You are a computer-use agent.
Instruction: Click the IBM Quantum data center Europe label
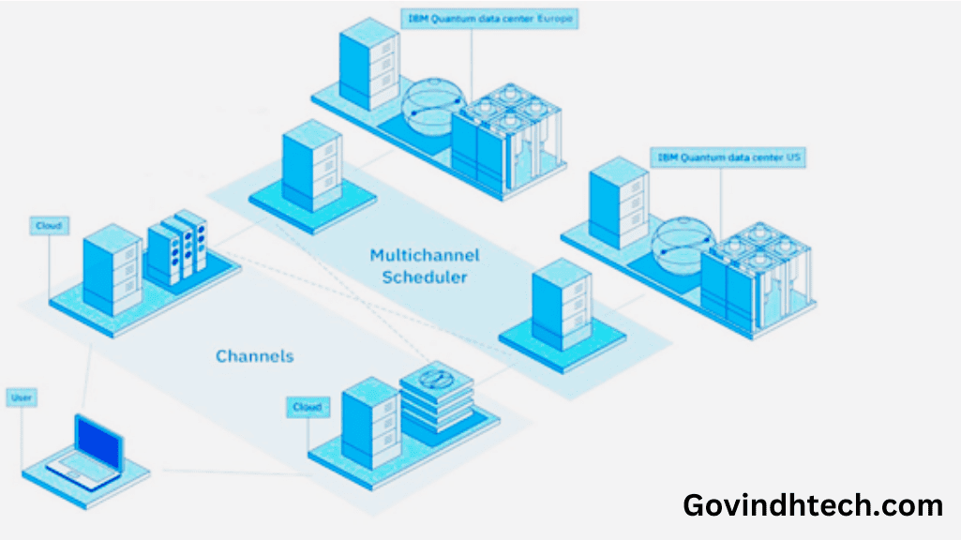[x=490, y=18]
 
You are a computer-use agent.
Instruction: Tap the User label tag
[x=21, y=398]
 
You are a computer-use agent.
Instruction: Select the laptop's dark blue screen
[x=99, y=440]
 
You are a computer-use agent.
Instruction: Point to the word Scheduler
[x=425, y=278]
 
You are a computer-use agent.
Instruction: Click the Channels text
[x=255, y=356]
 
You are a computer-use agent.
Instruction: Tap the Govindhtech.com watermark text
[x=813, y=505]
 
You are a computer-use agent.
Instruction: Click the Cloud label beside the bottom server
[x=307, y=408]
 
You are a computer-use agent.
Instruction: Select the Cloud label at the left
[x=49, y=227]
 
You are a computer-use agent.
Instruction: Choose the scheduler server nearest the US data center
[x=560, y=302]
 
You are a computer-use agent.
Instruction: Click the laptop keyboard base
[x=83, y=470]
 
